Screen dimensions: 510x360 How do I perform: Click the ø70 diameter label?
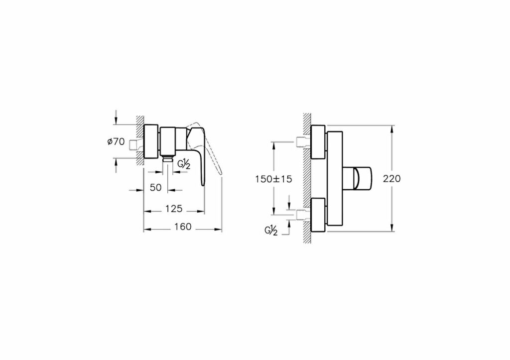click(x=116, y=141)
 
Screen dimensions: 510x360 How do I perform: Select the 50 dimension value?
click(x=156, y=187)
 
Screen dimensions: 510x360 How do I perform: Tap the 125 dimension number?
click(x=174, y=209)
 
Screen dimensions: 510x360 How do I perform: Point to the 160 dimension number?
click(x=183, y=227)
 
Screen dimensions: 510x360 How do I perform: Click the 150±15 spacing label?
click(x=273, y=179)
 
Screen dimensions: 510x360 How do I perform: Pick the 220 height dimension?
click(x=391, y=179)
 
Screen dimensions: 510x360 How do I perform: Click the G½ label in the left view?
click(x=184, y=164)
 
